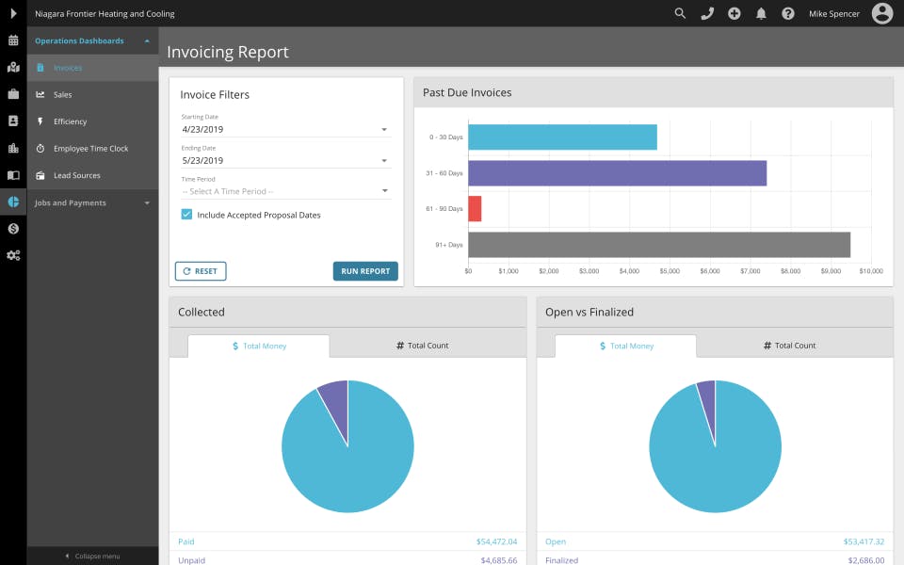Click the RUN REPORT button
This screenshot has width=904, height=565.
(x=365, y=271)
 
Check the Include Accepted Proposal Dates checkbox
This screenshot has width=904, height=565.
(x=187, y=215)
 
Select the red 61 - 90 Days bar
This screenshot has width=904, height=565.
(x=475, y=209)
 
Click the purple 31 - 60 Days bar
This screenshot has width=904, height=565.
(x=617, y=173)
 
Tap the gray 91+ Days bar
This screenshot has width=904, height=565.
(x=659, y=245)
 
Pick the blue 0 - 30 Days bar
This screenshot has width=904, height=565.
(x=562, y=137)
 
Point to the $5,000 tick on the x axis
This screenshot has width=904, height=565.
(x=670, y=271)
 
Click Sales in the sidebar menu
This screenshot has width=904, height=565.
(x=63, y=95)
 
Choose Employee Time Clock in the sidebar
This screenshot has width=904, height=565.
(x=90, y=149)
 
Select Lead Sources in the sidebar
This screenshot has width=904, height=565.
(x=76, y=176)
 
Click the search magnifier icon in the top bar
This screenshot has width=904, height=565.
(x=680, y=13)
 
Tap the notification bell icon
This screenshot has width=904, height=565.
(x=761, y=13)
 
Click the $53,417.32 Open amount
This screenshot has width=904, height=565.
(x=864, y=541)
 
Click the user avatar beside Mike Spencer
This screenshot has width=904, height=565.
(x=882, y=13)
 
